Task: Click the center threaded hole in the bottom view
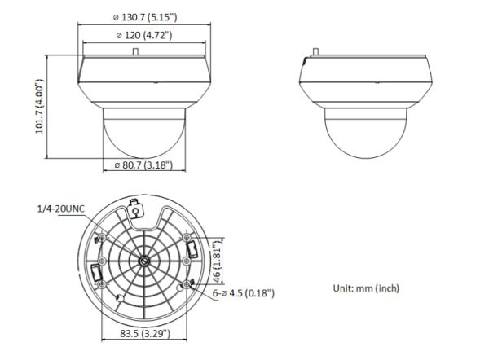[x=143, y=261]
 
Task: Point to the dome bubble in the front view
[x=136, y=134]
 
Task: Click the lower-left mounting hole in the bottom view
[x=104, y=283]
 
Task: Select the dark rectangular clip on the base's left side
[x=94, y=271]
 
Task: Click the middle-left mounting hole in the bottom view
[x=98, y=261]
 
